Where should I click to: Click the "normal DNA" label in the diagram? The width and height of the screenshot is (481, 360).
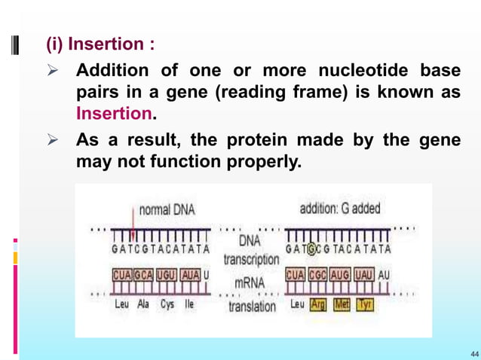pyautogui.click(x=166, y=209)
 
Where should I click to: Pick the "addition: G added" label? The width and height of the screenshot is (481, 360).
pyautogui.click(x=340, y=209)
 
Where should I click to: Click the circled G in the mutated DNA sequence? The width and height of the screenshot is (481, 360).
pyautogui.click(x=311, y=249)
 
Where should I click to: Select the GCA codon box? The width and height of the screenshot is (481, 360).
pyautogui.click(x=145, y=276)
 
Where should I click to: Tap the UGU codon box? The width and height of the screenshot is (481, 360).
pyautogui.click(x=167, y=276)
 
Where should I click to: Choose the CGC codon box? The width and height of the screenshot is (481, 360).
pyautogui.click(x=318, y=276)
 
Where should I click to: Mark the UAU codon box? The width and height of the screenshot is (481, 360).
pyautogui.click(x=364, y=276)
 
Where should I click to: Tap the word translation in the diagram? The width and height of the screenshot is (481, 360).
pyautogui.click(x=252, y=307)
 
